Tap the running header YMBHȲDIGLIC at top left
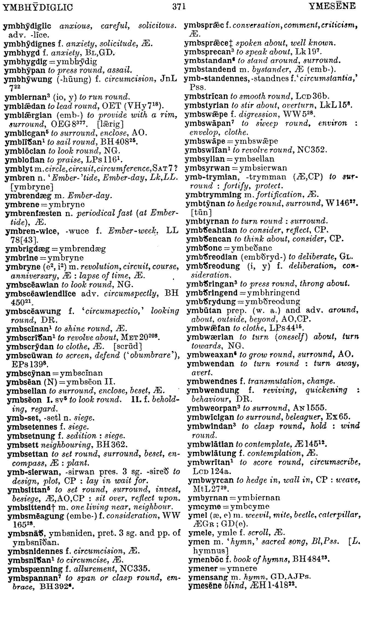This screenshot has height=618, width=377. (x=38, y=7)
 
